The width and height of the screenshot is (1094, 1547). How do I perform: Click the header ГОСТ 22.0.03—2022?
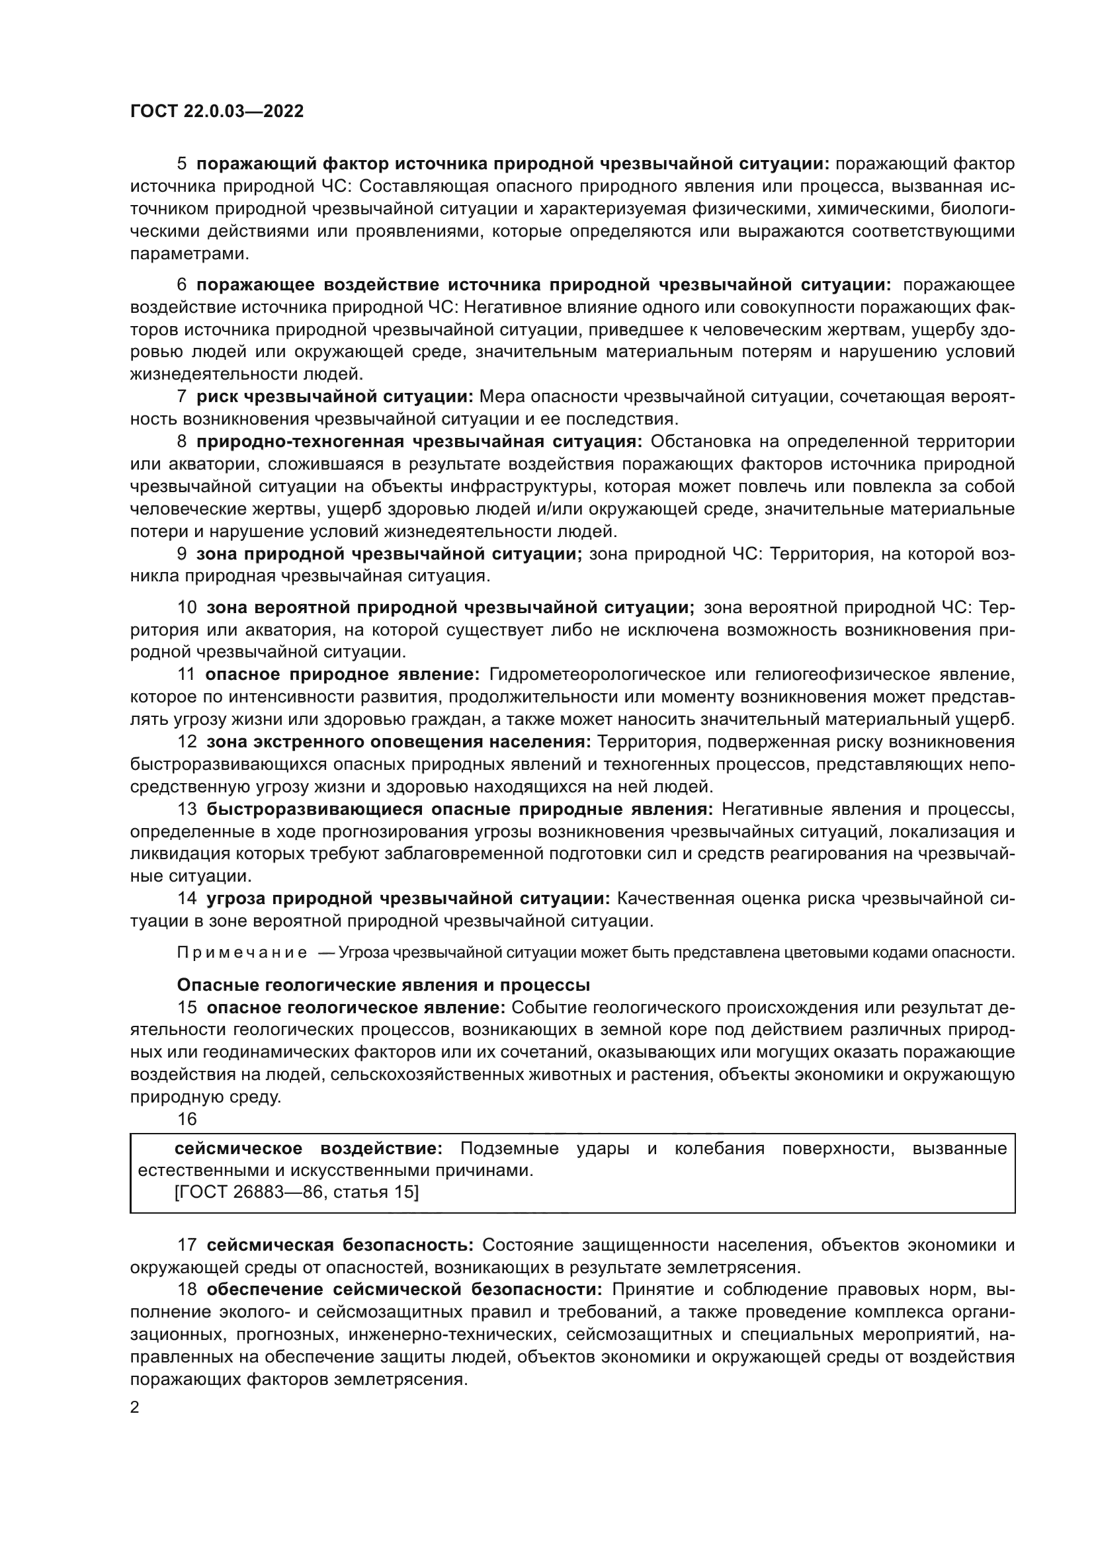tap(217, 111)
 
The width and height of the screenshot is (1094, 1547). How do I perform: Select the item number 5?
tap(182, 164)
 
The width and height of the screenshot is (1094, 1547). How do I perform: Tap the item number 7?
tap(182, 396)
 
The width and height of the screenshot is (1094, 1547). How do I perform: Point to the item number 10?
tap(187, 607)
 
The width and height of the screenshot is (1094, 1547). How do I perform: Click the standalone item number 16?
tap(187, 1119)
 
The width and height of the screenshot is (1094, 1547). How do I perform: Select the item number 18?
tap(187, 1290)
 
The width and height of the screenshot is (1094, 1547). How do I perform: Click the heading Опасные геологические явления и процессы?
tap(384, 984)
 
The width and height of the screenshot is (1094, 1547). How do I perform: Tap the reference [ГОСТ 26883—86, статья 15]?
tap(296, 1192)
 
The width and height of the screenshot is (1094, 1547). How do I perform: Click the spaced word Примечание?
tap(242, 952)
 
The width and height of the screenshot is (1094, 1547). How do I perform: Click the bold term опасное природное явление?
tap(342, 675)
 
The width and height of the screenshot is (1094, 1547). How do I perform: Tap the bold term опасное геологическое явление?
tap(356, 1007)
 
